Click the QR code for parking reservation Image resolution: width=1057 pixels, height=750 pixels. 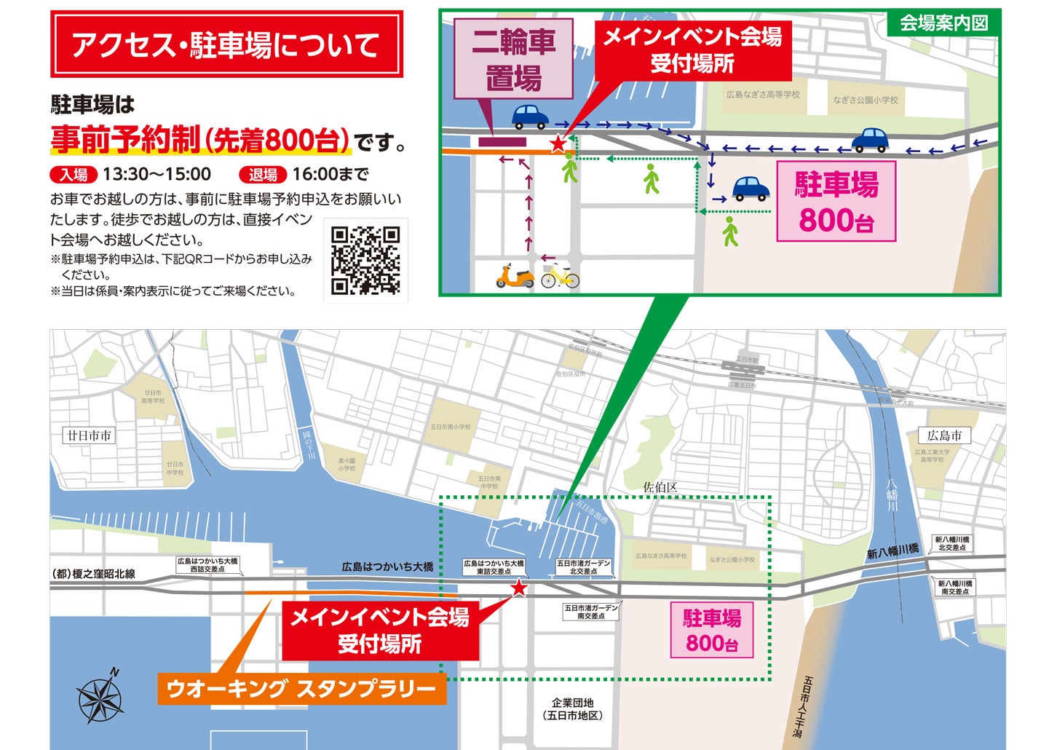365,260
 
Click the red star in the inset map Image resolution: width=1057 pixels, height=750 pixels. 558,143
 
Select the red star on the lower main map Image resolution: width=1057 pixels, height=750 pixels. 518,588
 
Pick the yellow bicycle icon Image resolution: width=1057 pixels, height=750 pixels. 560,276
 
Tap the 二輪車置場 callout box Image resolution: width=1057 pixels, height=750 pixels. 513,59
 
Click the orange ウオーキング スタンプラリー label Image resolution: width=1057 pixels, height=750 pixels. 301,689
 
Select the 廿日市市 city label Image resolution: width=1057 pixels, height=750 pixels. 90,436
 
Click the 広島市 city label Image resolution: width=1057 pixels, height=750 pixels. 944,436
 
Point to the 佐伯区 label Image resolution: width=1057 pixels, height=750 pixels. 660,487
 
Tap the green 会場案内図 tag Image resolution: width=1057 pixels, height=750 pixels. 943,23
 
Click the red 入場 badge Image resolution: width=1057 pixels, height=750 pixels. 74,175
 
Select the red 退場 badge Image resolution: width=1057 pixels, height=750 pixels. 264,175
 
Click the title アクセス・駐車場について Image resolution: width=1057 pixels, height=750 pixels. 226,44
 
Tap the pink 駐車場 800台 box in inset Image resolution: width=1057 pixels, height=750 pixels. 836,202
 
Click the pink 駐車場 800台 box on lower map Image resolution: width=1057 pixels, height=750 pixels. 711,631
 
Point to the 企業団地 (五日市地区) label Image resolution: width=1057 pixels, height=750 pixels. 573,708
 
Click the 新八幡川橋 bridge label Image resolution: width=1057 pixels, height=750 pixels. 892,551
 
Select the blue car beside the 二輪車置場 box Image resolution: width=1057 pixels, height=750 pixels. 530,116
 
